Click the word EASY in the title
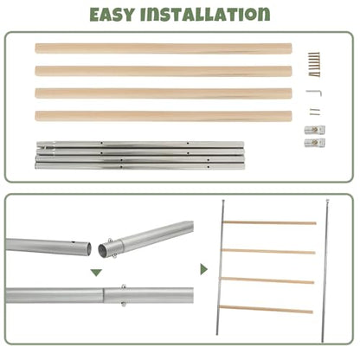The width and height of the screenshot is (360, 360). click(x=112, y=15)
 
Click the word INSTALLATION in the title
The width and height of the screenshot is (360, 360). click(x=205, y=15)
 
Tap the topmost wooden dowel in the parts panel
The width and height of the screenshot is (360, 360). click(x=164, y=48)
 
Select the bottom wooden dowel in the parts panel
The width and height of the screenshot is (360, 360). click(x=164, y=116)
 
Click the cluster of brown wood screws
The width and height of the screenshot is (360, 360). click(x=314, y=64)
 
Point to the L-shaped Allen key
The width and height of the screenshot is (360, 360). click(x=314, y=92)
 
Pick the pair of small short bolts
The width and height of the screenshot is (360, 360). click(x=315, y=112)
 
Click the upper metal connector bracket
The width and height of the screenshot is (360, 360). click(x=315, y=130)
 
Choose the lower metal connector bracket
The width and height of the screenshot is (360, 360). click(x=315, y=143)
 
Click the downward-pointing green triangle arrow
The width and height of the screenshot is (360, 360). click(x=96, y=273)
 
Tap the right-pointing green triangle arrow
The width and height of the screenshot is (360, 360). click(x=203, y=269)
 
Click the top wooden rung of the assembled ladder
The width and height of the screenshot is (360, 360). click(x=270, y=222)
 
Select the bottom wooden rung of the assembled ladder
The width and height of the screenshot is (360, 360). click(x=266, y=309)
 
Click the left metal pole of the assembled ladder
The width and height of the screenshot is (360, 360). click(x=221, y=267)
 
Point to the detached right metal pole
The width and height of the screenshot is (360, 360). click(x=325, y=271)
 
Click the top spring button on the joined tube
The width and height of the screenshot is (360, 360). click(x=124, y=286)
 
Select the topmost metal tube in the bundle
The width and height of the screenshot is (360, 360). click(x=140, y=144)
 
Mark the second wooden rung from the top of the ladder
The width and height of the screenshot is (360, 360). click(x=268, y=251)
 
